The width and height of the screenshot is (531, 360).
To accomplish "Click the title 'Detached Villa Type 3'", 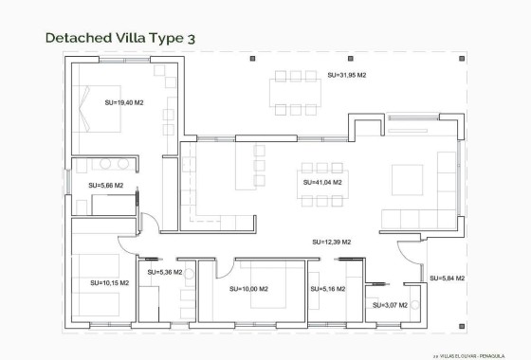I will tap(120, 38).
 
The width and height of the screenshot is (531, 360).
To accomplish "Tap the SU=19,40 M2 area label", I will tap(124, 102).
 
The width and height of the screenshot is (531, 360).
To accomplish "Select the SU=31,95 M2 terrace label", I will tap(346, 75).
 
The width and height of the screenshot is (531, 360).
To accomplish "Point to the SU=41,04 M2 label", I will tap(322, 182).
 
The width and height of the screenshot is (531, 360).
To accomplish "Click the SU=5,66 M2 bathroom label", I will tap(105, 186).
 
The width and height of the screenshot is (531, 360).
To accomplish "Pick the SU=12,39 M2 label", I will tap(331, 243).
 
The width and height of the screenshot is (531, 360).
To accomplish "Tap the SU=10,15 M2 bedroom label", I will tap(109, 282).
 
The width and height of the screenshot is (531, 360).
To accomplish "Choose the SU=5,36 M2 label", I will tap(164, 272).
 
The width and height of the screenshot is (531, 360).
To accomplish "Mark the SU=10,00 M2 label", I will tap(248, 289).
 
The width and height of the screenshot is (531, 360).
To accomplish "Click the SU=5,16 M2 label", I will tap(327, 289).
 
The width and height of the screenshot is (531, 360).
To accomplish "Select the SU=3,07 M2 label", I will tap(383, 305).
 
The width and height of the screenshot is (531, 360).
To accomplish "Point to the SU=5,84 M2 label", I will tap(447, 279).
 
